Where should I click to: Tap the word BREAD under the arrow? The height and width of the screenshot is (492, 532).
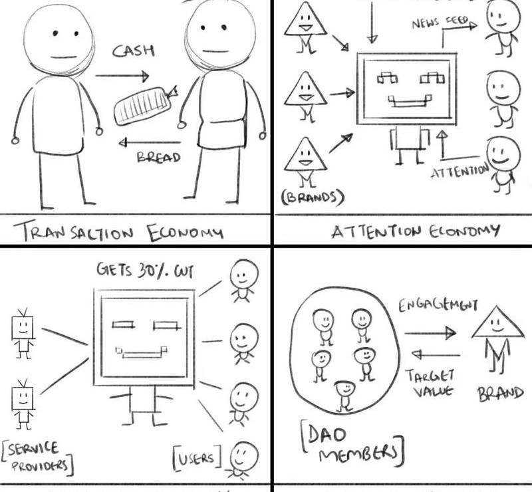click(x=158, y=158)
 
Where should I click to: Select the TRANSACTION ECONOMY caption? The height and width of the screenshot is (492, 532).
click(x=120, y=233)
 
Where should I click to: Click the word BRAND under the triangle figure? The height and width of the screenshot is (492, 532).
click(x=500, y=392)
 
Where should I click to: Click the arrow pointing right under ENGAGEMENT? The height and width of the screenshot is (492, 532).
click(x=429, y=333)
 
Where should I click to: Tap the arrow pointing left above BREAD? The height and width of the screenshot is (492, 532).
click(x=149, y=142)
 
